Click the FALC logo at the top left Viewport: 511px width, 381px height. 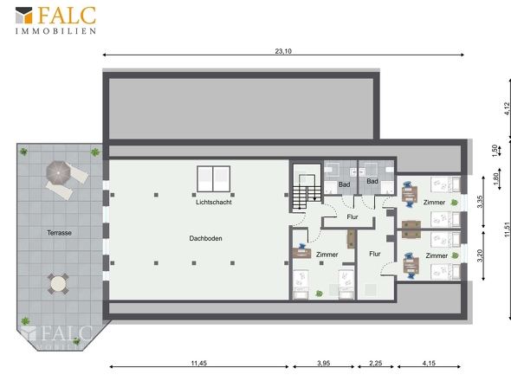[55, 20]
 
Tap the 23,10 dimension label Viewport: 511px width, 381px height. [283, 51]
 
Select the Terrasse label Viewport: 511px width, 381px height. [59, 233]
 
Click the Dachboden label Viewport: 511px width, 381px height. [205, 238]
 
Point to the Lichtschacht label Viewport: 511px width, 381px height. [214, 202]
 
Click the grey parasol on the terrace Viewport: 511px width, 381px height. [58, 172]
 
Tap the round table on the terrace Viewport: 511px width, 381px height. [58, 283]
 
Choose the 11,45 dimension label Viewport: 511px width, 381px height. [199, 363]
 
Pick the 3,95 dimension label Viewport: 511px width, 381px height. [324, 363]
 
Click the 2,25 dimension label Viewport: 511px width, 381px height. [375, 363]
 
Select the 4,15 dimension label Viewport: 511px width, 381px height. [429, 363]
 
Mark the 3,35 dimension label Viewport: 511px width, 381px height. [480, 202]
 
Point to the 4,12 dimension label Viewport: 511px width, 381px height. [507, 108]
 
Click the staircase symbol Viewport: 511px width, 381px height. [307, 192]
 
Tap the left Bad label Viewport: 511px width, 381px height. [344, 184]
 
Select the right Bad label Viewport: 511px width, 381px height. [372, 181]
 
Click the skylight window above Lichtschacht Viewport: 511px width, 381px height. [213, 179]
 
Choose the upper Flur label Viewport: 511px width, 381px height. [353, 216]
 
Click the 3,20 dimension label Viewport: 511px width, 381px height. [480, 255]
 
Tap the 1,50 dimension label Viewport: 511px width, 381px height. [495, 151]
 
